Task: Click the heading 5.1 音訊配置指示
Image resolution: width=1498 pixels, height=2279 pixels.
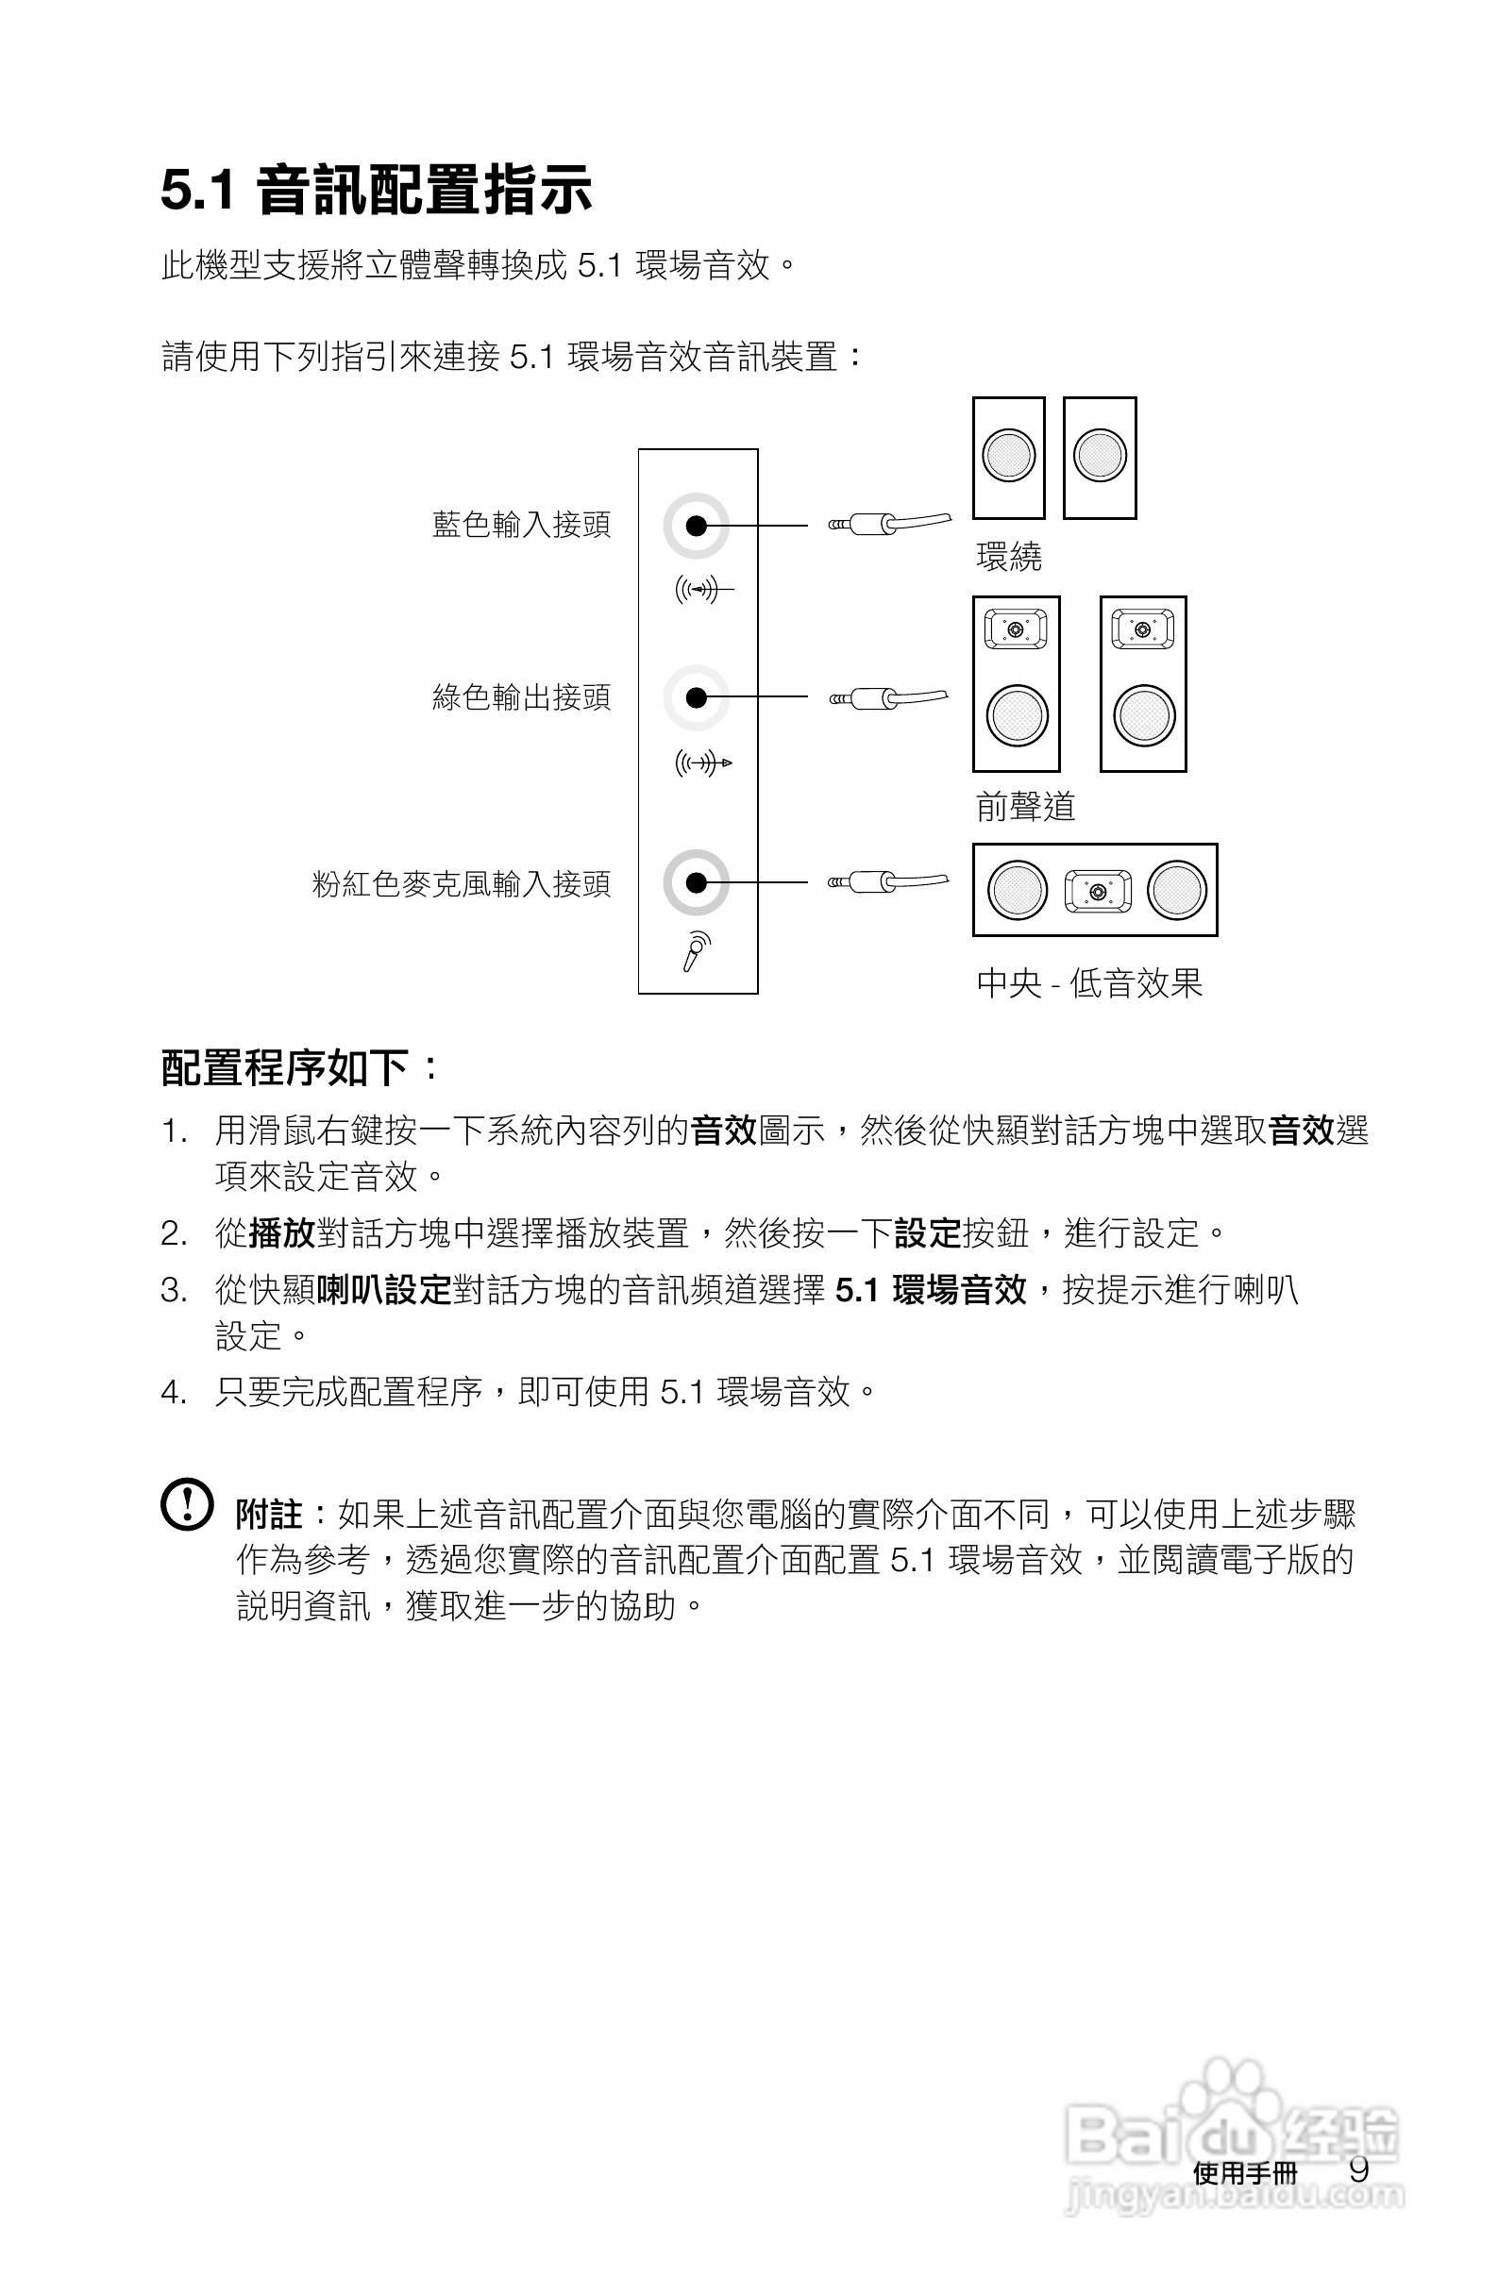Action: (x=376, y=190)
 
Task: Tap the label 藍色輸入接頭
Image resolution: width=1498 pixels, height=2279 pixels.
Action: (x=521, y=525)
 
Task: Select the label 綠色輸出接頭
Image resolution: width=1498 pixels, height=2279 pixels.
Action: (x=521, y=697)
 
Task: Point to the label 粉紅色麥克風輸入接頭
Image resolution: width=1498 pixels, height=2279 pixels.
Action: (x=461, y=883)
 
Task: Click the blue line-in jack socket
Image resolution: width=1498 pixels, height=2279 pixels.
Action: (x=697, y=526)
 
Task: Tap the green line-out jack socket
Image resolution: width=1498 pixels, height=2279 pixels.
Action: (x=697, y=697)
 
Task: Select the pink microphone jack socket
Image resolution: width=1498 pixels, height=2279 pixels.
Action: (x=697, y=882)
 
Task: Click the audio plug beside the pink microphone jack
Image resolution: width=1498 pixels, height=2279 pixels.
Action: (x=887, y=881)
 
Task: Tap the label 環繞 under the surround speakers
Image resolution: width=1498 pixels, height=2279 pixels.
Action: (x=1008, y=557)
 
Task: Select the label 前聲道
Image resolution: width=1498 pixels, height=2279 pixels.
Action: (x=1025, y=806)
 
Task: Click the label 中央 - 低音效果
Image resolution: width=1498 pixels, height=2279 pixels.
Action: (x=1089, y=982)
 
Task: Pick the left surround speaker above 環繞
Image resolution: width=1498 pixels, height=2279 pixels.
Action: (x=1008, y=458)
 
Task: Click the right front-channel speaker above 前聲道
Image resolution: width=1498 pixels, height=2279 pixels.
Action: (x=1143, y=683)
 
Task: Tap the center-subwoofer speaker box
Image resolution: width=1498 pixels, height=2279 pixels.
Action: (x=1095, y=890)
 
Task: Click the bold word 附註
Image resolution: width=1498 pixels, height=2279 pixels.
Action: (x=269, y=1515)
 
